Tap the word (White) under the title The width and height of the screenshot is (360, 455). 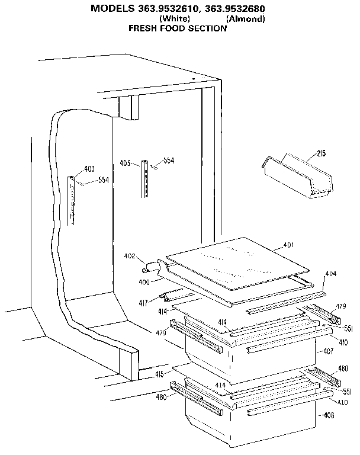[x=175, y=19]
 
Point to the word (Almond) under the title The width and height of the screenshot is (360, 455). [x=245, y=19]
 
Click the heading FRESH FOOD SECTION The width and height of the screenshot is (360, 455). [x=178, y=28]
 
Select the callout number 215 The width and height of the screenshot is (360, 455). [x=321, y=154]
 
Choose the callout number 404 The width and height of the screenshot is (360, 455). [x=330, y=274]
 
